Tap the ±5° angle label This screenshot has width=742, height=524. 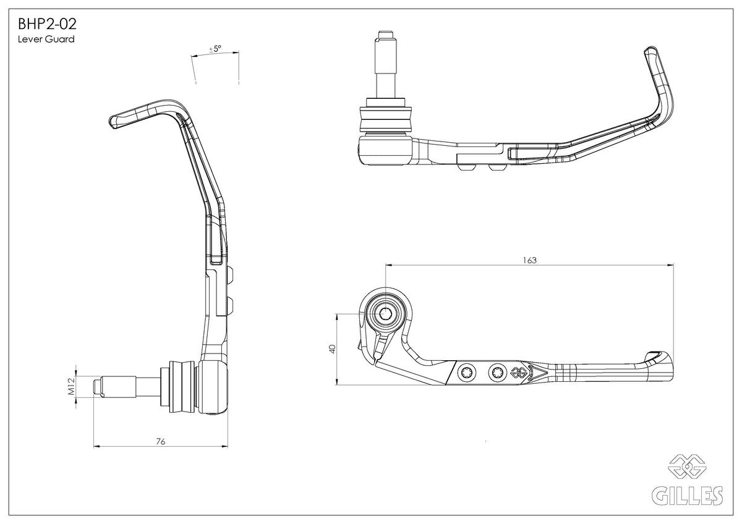coord(215,48)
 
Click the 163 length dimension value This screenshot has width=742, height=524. coord(529,260)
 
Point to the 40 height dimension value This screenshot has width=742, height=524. coord(332,349)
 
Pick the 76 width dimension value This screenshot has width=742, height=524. coord(160,441)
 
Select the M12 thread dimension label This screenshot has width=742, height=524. coord(71,387)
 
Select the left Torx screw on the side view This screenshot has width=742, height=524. coord(467,372)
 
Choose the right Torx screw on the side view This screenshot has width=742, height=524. coord(496,372)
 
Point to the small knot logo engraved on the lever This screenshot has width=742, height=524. coord(517,373)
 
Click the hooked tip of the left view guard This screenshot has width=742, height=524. coord(114,122)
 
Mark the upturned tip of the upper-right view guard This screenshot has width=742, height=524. coord(649,53)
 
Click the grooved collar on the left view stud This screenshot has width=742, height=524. coord(179,387)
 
